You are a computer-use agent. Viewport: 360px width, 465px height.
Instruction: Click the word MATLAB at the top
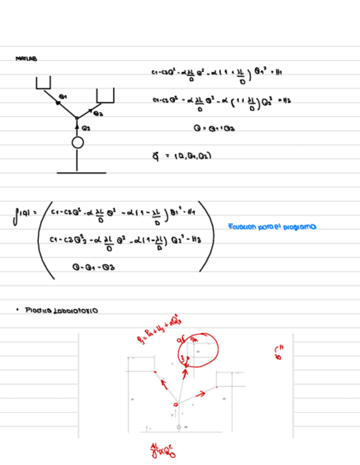coord(27,58)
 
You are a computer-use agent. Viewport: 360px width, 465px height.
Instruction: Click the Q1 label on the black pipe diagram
coord(63,96)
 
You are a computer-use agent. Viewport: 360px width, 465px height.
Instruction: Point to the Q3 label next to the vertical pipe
coord(86,127)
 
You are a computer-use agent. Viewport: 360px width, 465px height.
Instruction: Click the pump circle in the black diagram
coord(77,143)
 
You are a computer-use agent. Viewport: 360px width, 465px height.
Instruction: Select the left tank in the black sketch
coord(43,83)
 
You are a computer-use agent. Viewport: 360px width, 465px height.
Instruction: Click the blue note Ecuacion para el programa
coord(272,226)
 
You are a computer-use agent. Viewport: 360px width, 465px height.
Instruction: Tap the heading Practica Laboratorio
coord(61,310)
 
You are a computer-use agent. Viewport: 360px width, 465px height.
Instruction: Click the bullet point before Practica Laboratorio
coord(18,310)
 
